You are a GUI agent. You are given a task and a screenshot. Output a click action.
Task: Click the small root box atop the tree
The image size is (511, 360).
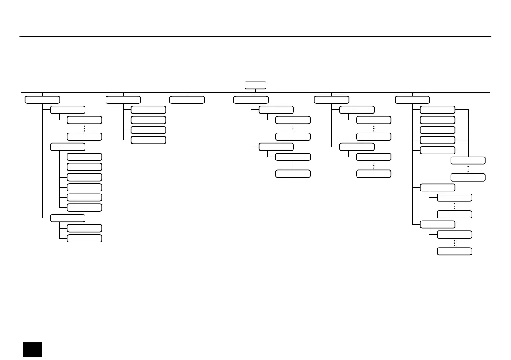tap(255, 85)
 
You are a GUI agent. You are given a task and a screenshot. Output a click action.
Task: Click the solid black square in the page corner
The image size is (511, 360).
tap(33, 349)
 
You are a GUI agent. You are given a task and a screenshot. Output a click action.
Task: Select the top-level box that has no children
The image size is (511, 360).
tap(187, 100)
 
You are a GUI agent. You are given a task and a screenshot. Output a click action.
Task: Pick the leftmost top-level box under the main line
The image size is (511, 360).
tap(42, 100)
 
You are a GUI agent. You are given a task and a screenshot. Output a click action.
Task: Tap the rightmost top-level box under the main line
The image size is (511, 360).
tap(412, 100)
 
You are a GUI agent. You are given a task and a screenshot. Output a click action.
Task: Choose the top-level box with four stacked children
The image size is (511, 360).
tap(123, 100)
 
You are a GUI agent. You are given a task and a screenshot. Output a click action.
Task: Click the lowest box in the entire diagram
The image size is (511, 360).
tap(454, 251)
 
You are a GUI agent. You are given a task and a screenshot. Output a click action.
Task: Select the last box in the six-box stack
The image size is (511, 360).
tap(85, 208)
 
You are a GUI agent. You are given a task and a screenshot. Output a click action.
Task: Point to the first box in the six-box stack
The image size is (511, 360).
tap(85, 157)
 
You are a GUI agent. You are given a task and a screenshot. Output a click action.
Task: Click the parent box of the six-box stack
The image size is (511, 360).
tap(67, 147)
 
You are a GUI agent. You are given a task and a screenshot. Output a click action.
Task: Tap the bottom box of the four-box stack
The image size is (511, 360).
tap(148, 140)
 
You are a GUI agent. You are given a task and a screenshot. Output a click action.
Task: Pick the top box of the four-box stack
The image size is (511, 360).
tap(148, 110)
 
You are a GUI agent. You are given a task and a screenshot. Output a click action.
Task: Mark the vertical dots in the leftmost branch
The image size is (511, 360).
tap(85, 128)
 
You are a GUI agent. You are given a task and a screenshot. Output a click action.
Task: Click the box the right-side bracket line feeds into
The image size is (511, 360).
tap(468, 160)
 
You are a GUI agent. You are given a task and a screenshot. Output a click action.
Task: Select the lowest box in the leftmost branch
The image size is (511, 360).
tap(85, 238)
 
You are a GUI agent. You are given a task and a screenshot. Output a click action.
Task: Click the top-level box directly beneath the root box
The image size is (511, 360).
tap(251, 100)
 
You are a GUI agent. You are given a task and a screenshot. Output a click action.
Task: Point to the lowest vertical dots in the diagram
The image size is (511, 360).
tap(454, 243)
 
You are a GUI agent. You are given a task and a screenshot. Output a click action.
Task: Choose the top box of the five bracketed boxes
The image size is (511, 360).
tap(437, 110)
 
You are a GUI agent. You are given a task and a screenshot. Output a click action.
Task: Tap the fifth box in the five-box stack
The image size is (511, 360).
tap(437, 150)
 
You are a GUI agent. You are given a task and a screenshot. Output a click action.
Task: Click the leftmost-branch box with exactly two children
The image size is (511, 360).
tap(67, 218)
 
